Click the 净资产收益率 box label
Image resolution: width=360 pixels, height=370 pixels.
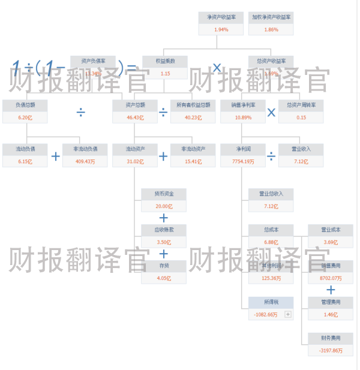221,18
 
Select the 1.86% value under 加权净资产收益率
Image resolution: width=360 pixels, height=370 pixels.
271,29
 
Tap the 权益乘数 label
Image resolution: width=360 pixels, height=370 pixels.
165,61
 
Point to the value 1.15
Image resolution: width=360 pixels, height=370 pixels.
165,73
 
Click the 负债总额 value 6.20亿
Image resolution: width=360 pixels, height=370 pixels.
25,118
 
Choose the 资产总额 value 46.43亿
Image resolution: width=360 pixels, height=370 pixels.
135,118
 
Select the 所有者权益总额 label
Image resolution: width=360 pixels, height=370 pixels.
193,105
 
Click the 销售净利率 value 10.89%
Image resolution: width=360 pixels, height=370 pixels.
242,118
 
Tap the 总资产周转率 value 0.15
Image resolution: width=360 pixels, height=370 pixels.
301,118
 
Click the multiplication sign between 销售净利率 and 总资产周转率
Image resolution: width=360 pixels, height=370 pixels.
271,112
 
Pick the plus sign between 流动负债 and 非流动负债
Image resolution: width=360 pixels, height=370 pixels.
55,157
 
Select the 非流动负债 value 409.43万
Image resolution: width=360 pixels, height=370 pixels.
85,161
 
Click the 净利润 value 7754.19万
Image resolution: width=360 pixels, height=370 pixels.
242,161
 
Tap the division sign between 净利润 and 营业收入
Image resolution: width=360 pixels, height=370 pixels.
271,157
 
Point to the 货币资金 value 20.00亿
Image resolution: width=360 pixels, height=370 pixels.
164,206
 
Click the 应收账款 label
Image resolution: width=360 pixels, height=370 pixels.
164,230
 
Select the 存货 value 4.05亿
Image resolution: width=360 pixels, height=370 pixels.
164,278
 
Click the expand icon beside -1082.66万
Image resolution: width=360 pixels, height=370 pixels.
288,314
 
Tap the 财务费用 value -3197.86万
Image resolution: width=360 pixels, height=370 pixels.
330,350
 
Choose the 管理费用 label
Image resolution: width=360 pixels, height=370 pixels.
330,302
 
